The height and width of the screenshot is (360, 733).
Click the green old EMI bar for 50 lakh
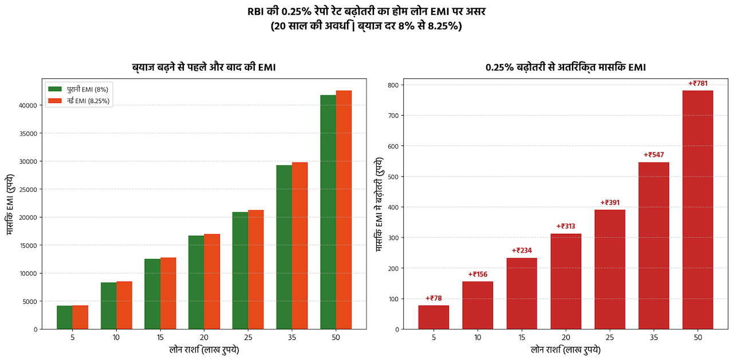coord(328,212)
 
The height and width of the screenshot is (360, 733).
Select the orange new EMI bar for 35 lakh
coord(299,246)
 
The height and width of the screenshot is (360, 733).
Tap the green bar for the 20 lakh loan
coord(196,283)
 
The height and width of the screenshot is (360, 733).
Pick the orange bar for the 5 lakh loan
coord(80,317)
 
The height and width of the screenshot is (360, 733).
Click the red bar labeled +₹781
coord(697,210)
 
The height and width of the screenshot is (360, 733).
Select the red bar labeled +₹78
coord(434,317)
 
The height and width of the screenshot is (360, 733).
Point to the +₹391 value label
coord(610,203)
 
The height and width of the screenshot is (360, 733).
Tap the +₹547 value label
coord(654,155)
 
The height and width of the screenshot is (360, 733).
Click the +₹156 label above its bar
coord(478,274)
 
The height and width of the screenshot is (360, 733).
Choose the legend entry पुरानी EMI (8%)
coord(78,89)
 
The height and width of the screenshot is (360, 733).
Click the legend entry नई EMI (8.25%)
coord(79,101)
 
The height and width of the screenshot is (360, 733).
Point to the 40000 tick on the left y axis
coord(28,106)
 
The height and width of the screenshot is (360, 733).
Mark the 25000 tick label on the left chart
coord(29,189)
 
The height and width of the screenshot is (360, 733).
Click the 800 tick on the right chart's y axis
coord(394,85)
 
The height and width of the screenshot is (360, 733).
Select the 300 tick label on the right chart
coord(394,238)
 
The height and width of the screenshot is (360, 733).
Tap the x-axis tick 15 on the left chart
coord(160,338)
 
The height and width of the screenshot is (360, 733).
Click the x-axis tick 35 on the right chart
coord(654,338)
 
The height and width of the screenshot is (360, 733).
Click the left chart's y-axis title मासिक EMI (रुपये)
coord(10,204)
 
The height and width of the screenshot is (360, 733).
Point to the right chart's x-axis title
coord(566,350)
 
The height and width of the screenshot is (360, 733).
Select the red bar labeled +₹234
coord(522,294)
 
